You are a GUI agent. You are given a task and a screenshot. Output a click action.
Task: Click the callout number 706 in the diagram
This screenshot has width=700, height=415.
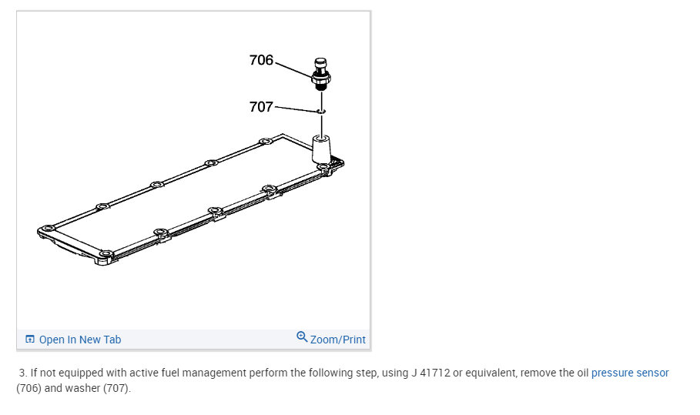261,60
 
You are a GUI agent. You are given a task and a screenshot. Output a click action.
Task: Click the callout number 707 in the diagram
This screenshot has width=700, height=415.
261,107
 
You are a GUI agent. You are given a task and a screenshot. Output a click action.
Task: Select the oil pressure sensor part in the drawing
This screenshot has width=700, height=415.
321,74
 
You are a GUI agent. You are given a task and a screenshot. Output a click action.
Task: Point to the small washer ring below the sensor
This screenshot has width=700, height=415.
321,111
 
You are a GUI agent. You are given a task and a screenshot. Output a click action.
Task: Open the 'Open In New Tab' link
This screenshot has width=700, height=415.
80,340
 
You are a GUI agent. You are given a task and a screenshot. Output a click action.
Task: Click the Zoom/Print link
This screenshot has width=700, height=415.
338,340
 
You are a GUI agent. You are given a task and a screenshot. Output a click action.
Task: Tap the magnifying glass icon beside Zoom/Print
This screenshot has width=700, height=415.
302,337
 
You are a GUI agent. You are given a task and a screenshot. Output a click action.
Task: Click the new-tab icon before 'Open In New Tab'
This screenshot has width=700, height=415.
30,339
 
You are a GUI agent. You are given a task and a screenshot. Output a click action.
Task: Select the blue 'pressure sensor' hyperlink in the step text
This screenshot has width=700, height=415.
630,373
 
